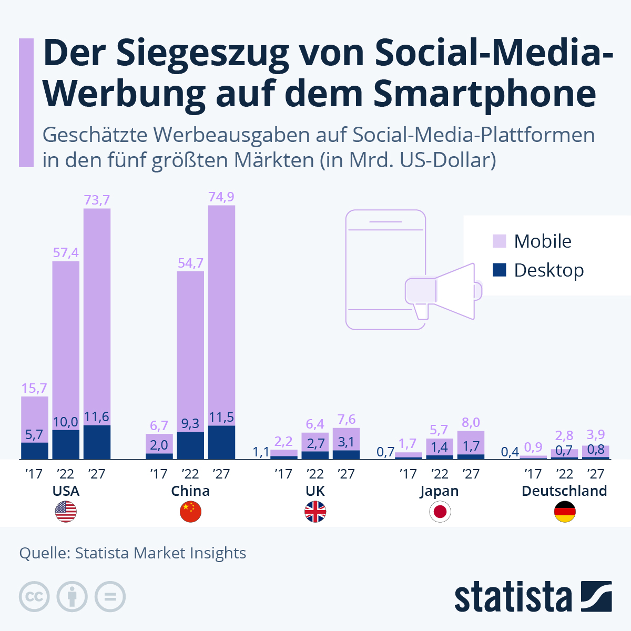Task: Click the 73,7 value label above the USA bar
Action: (x=97, y=200)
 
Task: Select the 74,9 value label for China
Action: (x=221, y=197)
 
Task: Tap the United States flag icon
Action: (x=66, y=512)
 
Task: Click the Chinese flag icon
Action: (x=190, y=512)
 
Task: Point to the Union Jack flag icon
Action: (x=315, y=512)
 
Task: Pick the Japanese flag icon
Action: (x=440, y=512)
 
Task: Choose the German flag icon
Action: (x=565, y=512)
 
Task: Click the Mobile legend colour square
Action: (x=499, y=241)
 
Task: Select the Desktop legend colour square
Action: (x=499, y=270)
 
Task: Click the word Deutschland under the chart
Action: (x=564, y=491)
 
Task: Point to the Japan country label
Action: (x=440, y=491)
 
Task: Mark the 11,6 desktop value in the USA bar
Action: (x=97, y=417)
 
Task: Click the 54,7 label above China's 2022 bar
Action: (x=190, y=263)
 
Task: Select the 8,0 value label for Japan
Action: (x=471, y=423)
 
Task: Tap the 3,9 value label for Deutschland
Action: (x=596, y=435)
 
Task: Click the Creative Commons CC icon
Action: (x=34, y=597)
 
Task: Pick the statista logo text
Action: (x=513, y=597)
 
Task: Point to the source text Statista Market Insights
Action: (x=160, y=553)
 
